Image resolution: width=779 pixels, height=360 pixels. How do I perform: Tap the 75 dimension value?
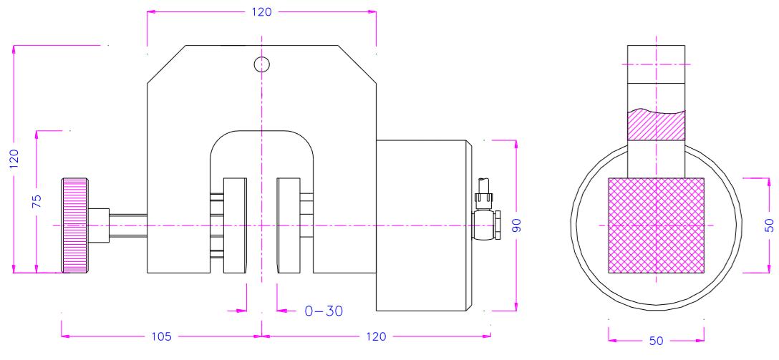point(40,200)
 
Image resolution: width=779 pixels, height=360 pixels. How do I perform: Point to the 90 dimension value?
point(525,225)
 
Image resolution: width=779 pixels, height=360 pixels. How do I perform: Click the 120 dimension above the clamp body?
point(262,12)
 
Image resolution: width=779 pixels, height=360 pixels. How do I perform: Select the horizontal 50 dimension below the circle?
point(657,341)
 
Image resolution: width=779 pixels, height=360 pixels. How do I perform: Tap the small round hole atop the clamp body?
point(262,64)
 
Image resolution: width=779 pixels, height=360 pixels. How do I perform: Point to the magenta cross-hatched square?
point(656,225)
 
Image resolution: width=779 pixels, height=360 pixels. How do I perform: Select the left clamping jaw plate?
point(234,225)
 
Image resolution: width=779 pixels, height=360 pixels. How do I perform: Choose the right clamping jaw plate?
point(289,225)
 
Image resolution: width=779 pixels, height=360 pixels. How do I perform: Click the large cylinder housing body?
point(422,225)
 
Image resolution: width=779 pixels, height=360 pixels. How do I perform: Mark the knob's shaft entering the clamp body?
point(127,225)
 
